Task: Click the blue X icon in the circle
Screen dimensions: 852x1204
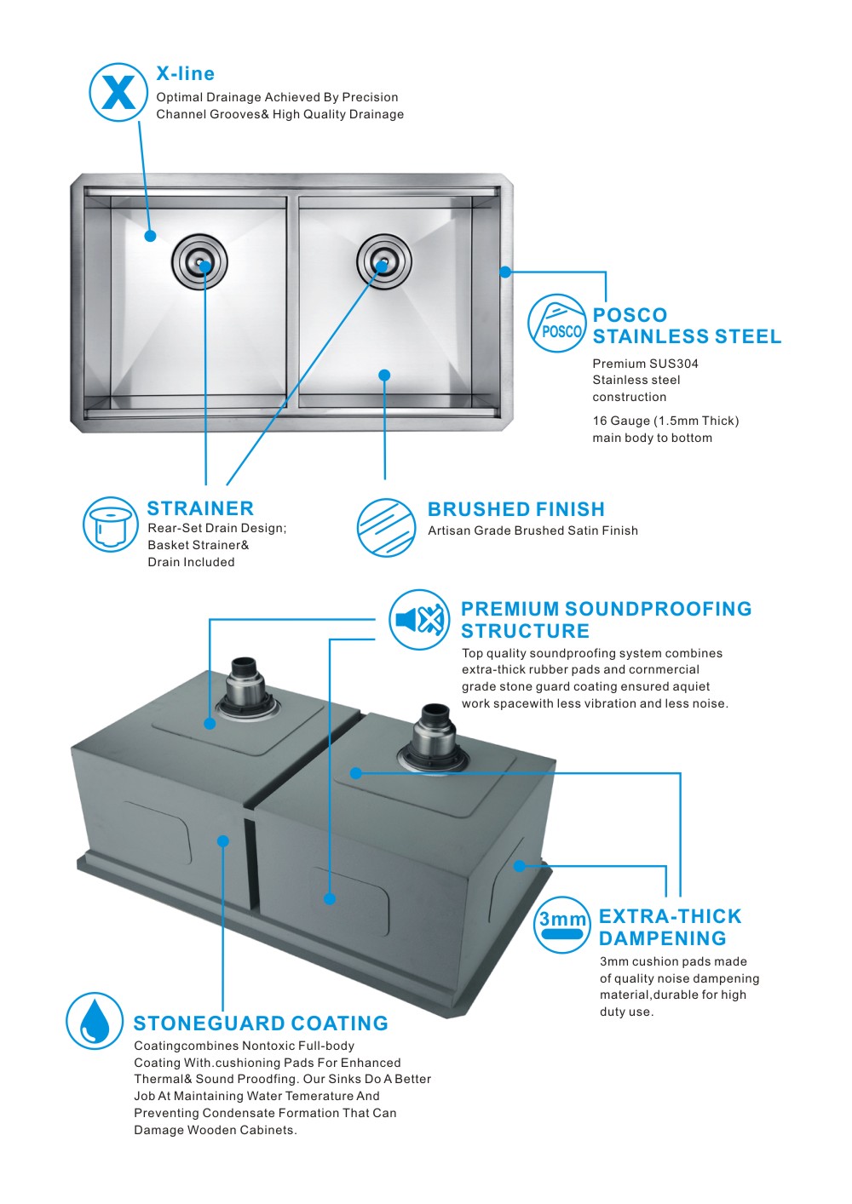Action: click(x=118, y=92)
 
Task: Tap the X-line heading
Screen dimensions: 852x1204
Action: click(x=185, y=73)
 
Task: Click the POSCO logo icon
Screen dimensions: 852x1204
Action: click(x=556, y=323)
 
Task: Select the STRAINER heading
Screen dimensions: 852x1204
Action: click(x=200, y=508)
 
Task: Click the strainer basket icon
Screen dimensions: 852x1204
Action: click(x=111, y=524)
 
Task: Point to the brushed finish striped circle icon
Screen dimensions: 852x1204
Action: click(x=386, y=527)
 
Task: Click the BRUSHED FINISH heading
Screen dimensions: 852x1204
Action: click(x=515, y=509)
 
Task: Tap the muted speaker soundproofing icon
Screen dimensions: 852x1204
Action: click(x=419, y=620)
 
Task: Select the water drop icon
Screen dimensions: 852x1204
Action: click(x=95, y=1021)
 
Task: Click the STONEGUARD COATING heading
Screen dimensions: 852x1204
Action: click(x=261, y=1023)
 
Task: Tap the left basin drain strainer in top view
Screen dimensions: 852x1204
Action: click(x=199, y=261)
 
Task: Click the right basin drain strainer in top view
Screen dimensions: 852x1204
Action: click(x=384, y=261)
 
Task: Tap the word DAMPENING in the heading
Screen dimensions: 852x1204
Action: click(x=663, y=938)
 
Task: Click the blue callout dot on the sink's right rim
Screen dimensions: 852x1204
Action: click(x=505, y=272)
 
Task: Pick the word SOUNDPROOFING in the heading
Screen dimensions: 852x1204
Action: click(x=659, y=609)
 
